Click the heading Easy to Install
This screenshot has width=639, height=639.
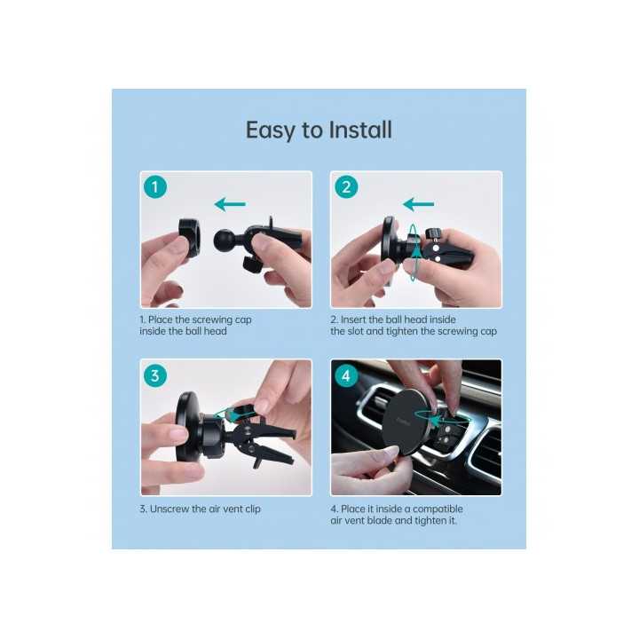319,130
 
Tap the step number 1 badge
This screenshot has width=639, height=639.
156,187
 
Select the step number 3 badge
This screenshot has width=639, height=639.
156,375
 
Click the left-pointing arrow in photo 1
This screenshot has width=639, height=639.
230,205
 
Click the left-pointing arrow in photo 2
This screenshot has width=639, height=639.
420,204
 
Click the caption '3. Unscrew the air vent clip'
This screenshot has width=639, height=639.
200,509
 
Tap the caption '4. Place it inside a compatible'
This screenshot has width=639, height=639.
397,509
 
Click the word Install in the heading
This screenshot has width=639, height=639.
360,130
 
